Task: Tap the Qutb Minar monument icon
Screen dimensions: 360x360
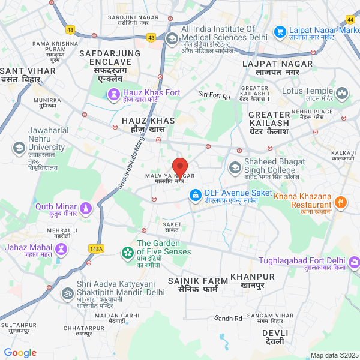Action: (x=85, y=208)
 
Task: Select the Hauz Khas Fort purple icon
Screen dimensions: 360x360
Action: (x=113, y=94)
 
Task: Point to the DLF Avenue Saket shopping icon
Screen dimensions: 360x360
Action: (x=196, y=196)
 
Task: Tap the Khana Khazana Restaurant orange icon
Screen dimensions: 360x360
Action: (x=340, y=202)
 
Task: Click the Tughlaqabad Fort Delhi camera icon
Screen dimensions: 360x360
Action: (x=355, y=262)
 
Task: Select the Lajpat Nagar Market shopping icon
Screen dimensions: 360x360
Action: (x=279, y=31)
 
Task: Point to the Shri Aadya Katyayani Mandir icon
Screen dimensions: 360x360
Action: (x=67, y=293)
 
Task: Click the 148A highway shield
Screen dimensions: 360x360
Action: (x=96, y=248)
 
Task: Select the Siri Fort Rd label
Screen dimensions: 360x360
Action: (x=214, y=94)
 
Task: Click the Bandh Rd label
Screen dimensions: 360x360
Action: (x=229, y=318)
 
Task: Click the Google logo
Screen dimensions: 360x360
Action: (x=20, y=353)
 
